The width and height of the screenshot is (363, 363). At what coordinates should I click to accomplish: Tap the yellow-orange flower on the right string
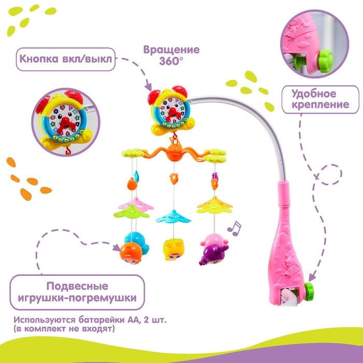213,203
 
